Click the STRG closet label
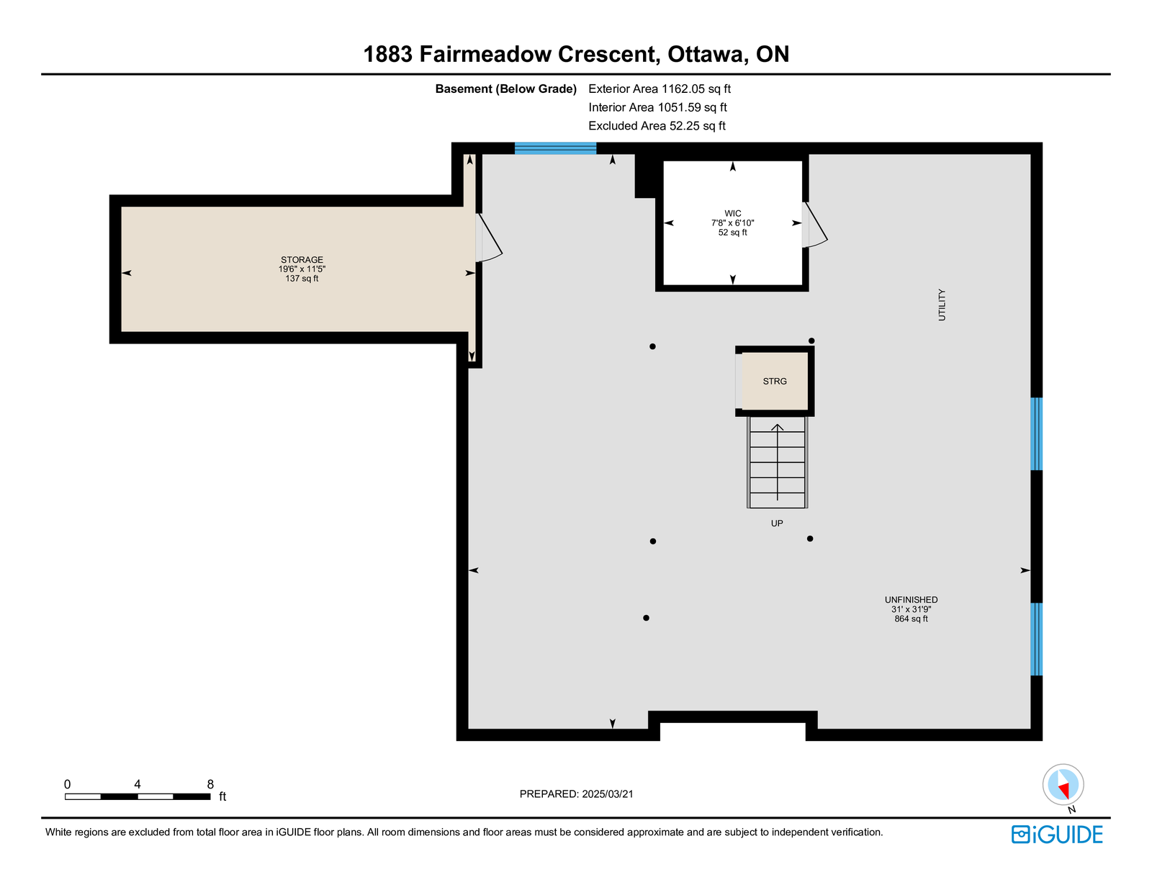click(775, 381)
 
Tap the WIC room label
click(733, 214)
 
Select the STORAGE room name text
click(302, 260)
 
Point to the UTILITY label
click(942, 305)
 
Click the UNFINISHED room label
click(911, 600)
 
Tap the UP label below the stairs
click(777, 523)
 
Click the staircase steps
click(777, 462)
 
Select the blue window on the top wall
click(555, 148)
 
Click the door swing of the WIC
click(814, 225)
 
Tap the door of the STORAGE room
click(488, 238)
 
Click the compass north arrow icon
click(1063, 785)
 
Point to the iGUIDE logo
click(1056, 835)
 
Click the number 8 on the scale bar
click(210, 784)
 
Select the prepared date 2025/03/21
click(608, 794)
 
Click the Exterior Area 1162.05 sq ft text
click(660, 89)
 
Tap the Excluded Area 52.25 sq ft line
click(657, 125)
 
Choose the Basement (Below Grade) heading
click(505, 89)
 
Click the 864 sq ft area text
click(911, 619)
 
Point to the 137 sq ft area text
click(302, 278)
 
